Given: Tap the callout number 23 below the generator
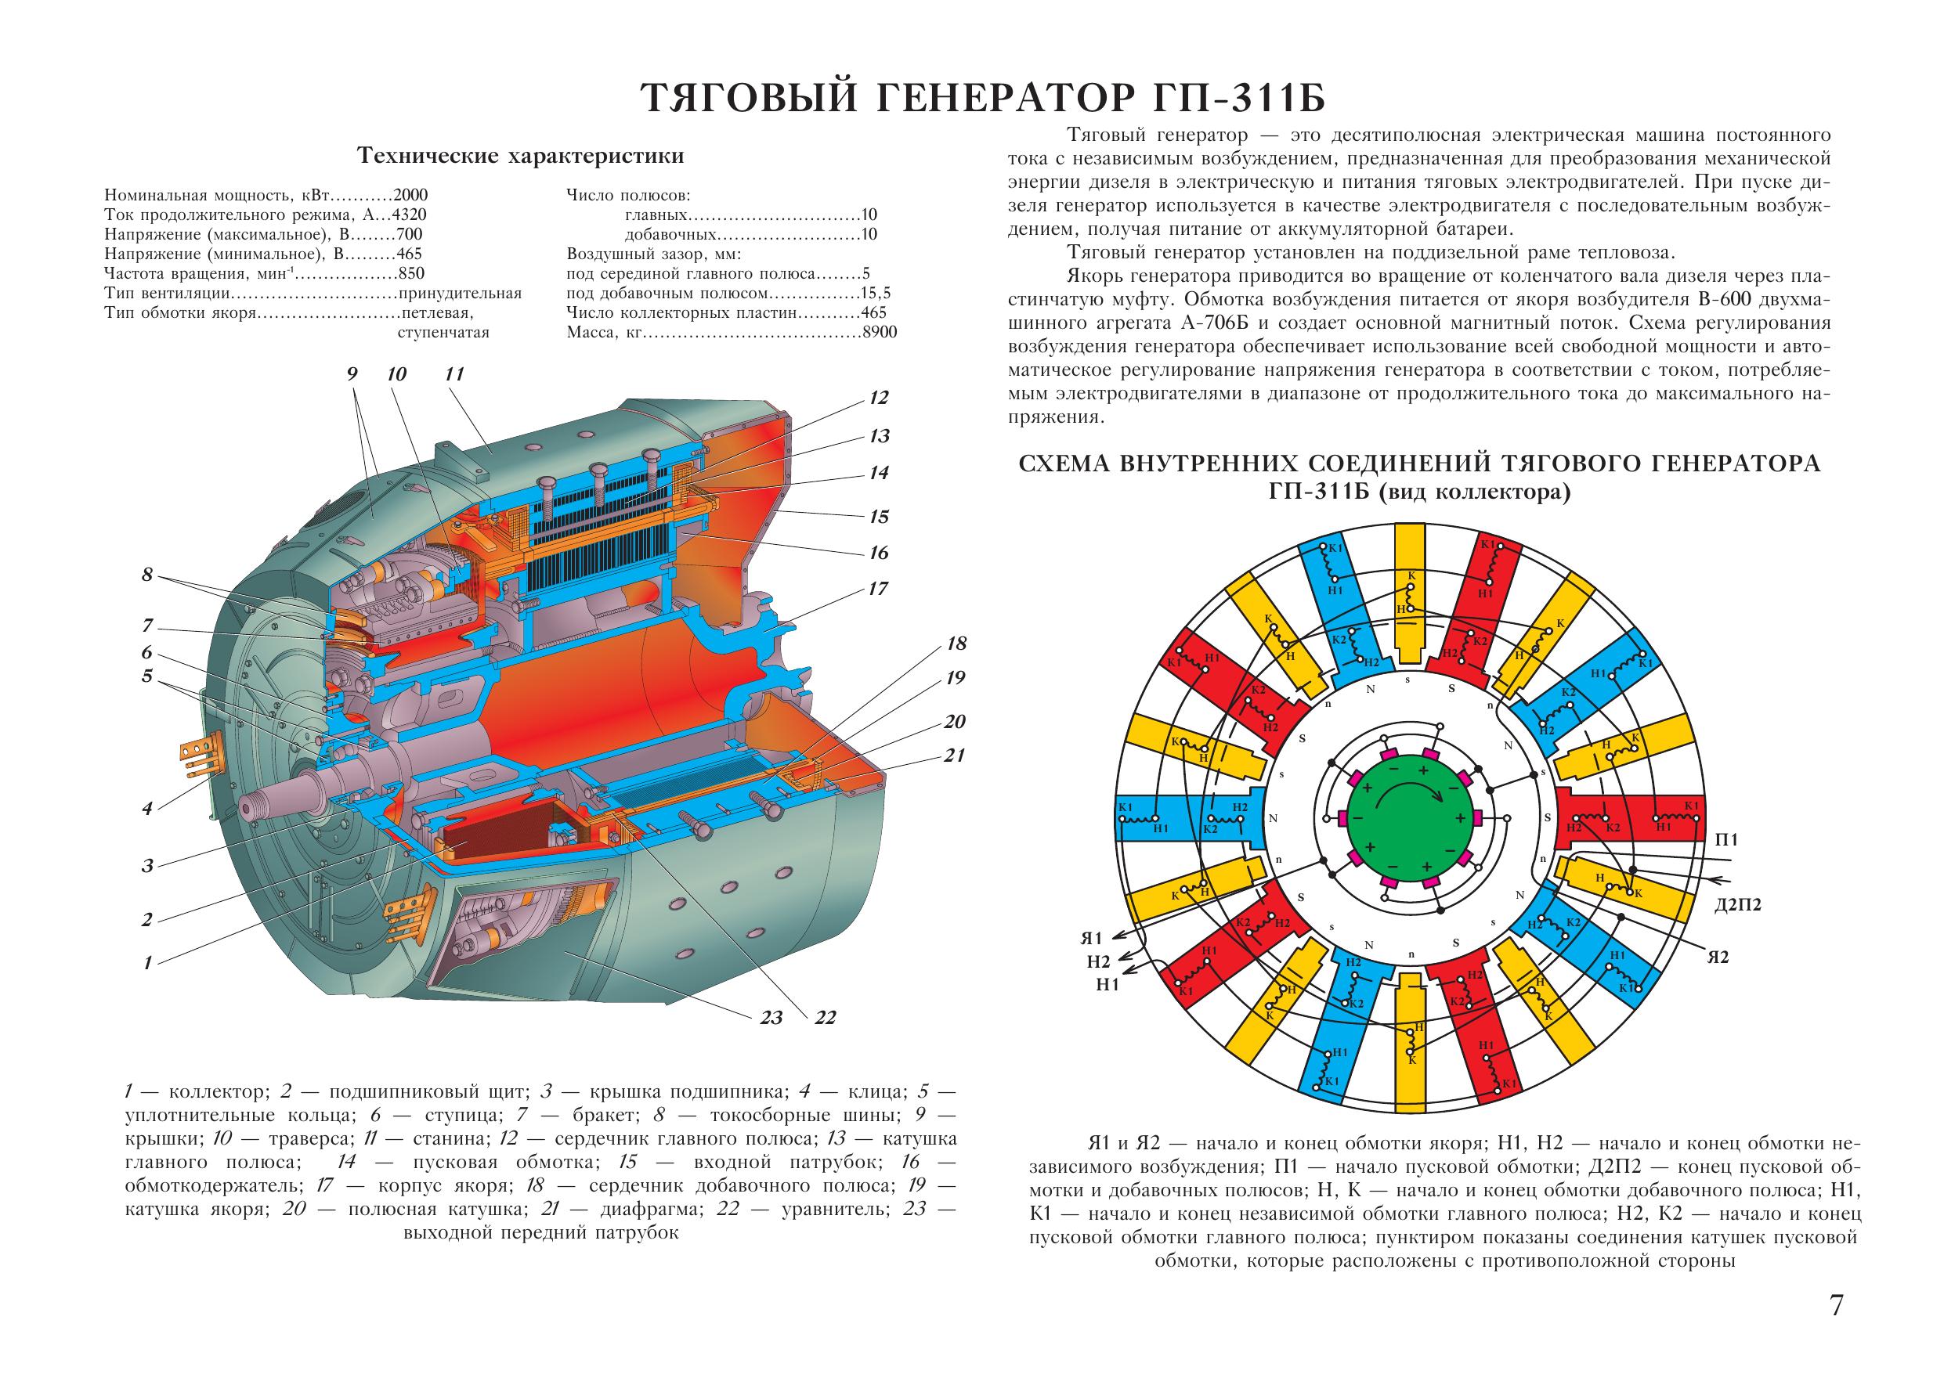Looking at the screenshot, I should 771,1018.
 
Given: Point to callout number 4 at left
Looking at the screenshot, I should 147,809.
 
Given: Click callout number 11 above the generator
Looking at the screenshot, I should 455,373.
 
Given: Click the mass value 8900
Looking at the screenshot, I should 879,333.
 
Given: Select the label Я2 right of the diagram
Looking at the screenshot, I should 1716,957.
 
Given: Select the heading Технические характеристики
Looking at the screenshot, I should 522,157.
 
